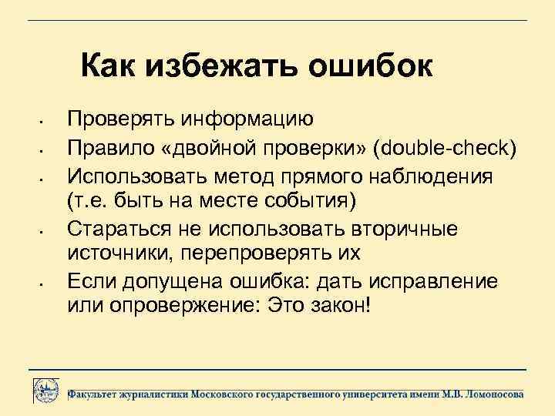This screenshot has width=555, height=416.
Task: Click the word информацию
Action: (246, 119)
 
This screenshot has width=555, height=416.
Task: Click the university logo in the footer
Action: (46, 389)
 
